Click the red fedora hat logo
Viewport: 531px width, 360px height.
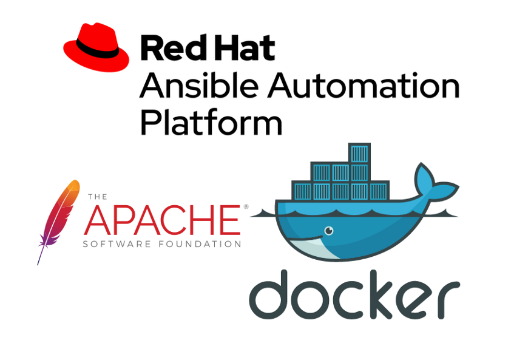tap(96, 47)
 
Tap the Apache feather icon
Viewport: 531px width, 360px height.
tap(58, 222)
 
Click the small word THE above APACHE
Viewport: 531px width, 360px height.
tap(98, 197)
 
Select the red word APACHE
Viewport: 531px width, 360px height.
tap(162, 220)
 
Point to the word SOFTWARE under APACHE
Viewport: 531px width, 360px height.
tap(117, 244)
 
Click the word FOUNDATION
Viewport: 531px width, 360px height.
tap(200, 244)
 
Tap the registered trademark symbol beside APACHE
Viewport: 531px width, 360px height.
tap(246, 206)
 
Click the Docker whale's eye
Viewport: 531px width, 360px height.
tap(329, 231)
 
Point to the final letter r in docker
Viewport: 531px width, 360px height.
tap(450, 300)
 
